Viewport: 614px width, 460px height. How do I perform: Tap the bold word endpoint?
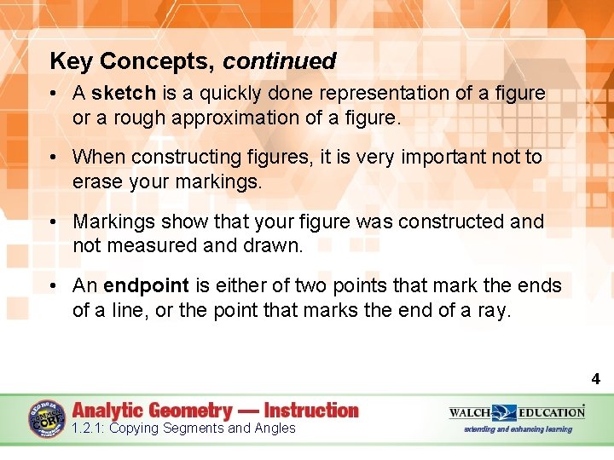coord(145,285)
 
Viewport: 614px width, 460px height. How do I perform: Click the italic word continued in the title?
coord(280,61)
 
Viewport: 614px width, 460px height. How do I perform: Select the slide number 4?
coord(596,379)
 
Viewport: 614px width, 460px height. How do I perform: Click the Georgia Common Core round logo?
coord(47,419)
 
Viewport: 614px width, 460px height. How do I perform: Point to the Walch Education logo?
coord(517,412)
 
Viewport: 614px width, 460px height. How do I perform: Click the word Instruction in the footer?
coord(311,411)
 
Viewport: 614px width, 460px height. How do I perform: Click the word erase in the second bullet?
coord(98,181)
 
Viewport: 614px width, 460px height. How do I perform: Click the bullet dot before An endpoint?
coord(53,286)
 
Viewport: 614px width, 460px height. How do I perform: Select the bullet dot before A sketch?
coord(53,94)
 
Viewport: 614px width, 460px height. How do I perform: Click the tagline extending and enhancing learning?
coord(517,429)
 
